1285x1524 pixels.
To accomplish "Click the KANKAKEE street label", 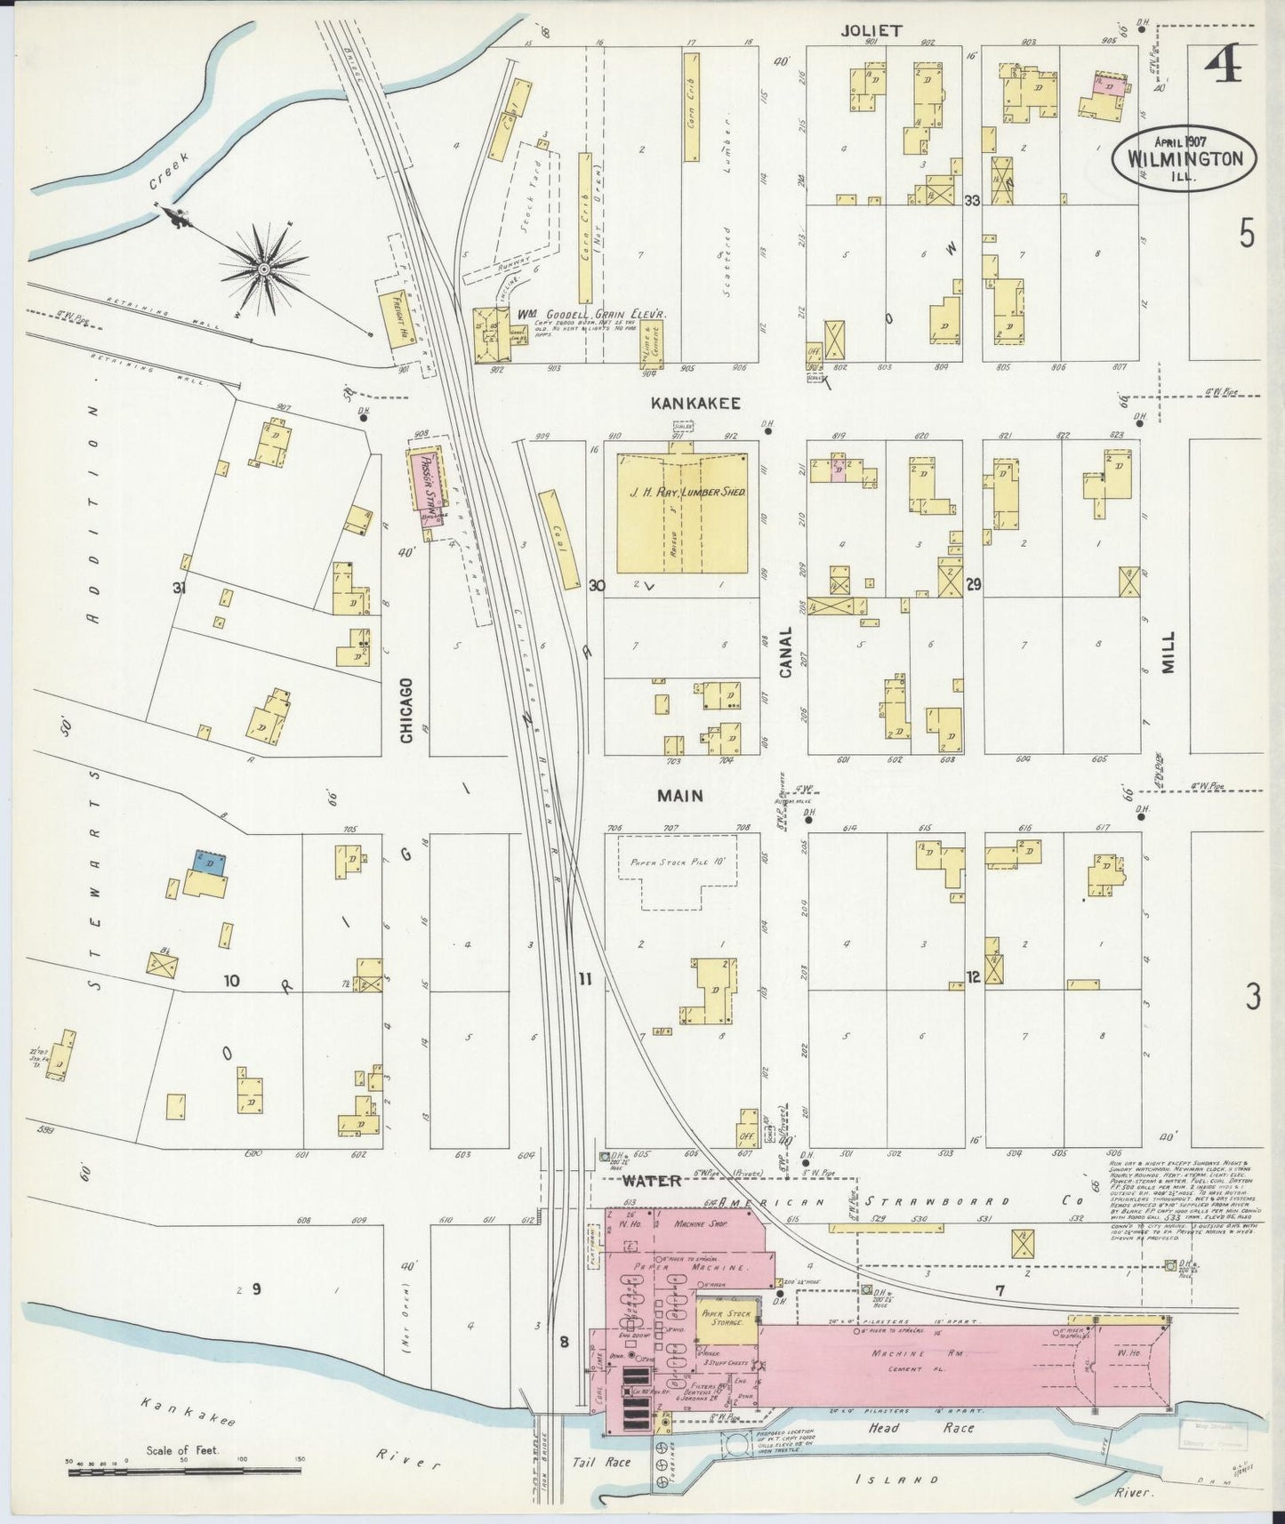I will pos(695,403).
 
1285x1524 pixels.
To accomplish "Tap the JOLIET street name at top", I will pos(871,30).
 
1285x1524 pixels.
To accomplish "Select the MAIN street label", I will pos(680,796).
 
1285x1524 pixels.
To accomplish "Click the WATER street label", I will pos(651,1181).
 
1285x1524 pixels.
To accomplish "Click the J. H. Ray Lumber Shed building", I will pos(682,513).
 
